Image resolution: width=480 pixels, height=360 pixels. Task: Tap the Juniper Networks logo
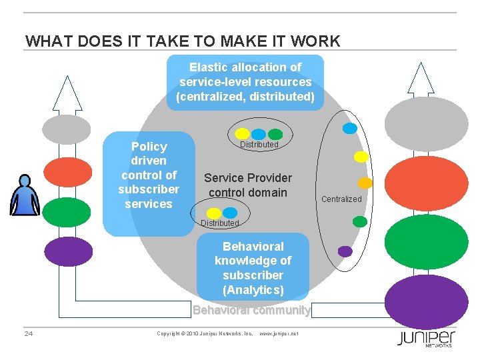tap(426, 338)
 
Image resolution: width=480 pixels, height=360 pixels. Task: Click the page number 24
tap(29, 333)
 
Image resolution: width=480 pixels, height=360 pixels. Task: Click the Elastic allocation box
tap(245, 82)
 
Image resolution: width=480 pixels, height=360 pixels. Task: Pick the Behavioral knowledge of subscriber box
tap(253, 268)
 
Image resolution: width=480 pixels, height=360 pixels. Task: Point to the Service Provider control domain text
tap(247, 185)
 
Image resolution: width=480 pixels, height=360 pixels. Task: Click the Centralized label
tap(341, 199)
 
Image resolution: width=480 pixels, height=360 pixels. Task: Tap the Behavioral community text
tap(251, 310)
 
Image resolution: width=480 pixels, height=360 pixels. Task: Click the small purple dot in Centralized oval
tap(345, 251)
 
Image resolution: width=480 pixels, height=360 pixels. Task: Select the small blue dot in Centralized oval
tap(349, 129)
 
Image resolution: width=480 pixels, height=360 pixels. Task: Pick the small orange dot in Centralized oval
tap(365, 183)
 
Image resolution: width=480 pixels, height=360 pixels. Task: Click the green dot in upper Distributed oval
tap(275, 134)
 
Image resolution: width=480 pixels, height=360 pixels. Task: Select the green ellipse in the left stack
tap(67, 212)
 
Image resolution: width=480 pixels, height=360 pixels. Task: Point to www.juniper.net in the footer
tap(278, 333)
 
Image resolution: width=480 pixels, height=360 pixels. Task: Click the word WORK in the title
tap(315, 41)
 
